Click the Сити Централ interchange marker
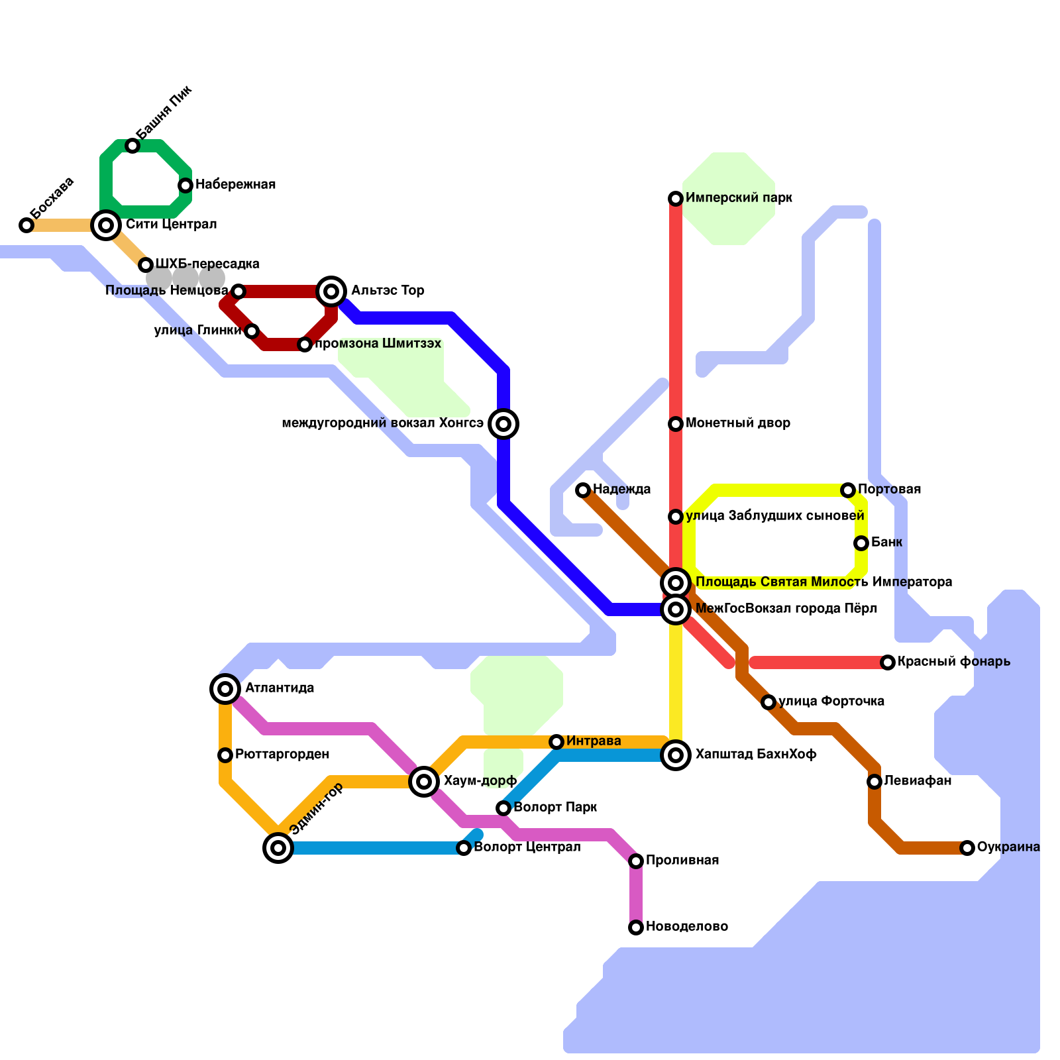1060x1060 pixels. (106, 225)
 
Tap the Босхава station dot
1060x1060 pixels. (26, 225)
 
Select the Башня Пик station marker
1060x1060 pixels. (132, 146)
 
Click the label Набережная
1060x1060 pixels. (235, 185)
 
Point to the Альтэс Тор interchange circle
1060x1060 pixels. (331, 291)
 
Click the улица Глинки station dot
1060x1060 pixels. (252, 331)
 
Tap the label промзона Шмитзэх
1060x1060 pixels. (378, 344)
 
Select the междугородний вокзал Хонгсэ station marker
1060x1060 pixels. (503, 424)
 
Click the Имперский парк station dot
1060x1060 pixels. (676, 199)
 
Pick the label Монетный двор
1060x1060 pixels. (738, 423)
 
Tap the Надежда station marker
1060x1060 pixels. (583, 490)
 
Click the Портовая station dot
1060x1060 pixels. (848, 490)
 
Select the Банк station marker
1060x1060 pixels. (861, 543)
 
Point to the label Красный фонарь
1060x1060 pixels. (954, 662)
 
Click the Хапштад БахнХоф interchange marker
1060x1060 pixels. (676, 755)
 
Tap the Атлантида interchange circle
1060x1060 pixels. (225, 689)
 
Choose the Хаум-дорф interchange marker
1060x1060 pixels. (424, 782)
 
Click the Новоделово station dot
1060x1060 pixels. (636, 927)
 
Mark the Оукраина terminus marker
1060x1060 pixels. (967, 848)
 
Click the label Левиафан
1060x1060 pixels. (918, 781)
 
